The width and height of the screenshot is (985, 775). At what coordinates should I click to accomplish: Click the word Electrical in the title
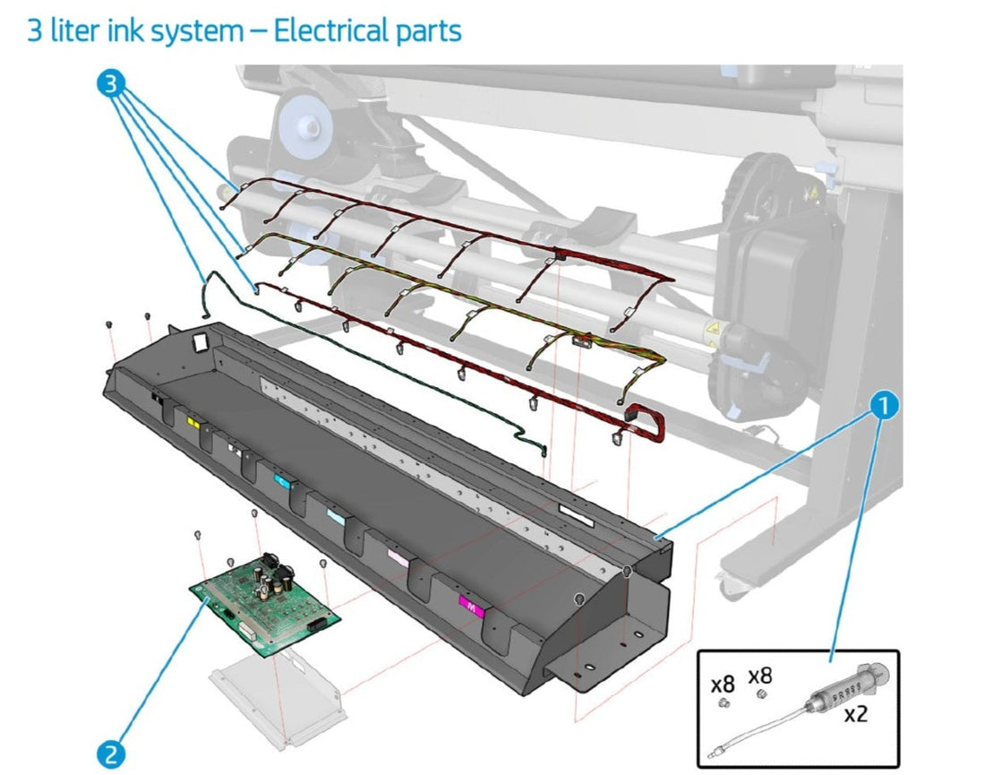pos(330,30)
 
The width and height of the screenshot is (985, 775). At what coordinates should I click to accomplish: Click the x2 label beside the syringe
pos(857,715)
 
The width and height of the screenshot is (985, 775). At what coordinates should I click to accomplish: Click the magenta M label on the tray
pos(471,607)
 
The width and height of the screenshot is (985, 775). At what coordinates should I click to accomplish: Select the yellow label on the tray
pos(191,419)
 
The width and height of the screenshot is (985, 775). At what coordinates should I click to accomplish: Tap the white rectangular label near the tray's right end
pos(575,514)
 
